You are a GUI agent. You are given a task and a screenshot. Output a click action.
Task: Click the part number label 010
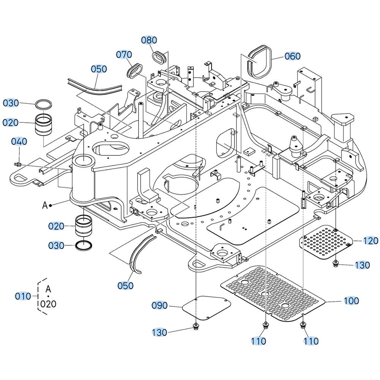coord(23,296)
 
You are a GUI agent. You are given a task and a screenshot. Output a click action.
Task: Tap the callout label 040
coord(19,142)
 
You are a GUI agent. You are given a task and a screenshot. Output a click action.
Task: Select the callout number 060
coord(293,56)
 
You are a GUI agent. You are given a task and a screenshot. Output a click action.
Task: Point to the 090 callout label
coord(160,305)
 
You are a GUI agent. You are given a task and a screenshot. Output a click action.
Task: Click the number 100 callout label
coord(351,301)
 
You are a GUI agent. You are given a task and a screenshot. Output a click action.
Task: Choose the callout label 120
coord(370,241)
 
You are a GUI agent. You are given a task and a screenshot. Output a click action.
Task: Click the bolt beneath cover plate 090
coord(196,326)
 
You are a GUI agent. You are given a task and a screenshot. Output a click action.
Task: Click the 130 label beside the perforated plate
coord(362,265)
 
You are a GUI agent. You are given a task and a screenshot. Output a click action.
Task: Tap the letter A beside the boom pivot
coord(44,205)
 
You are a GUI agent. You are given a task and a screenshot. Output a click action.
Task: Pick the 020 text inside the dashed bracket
coord(48,304)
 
